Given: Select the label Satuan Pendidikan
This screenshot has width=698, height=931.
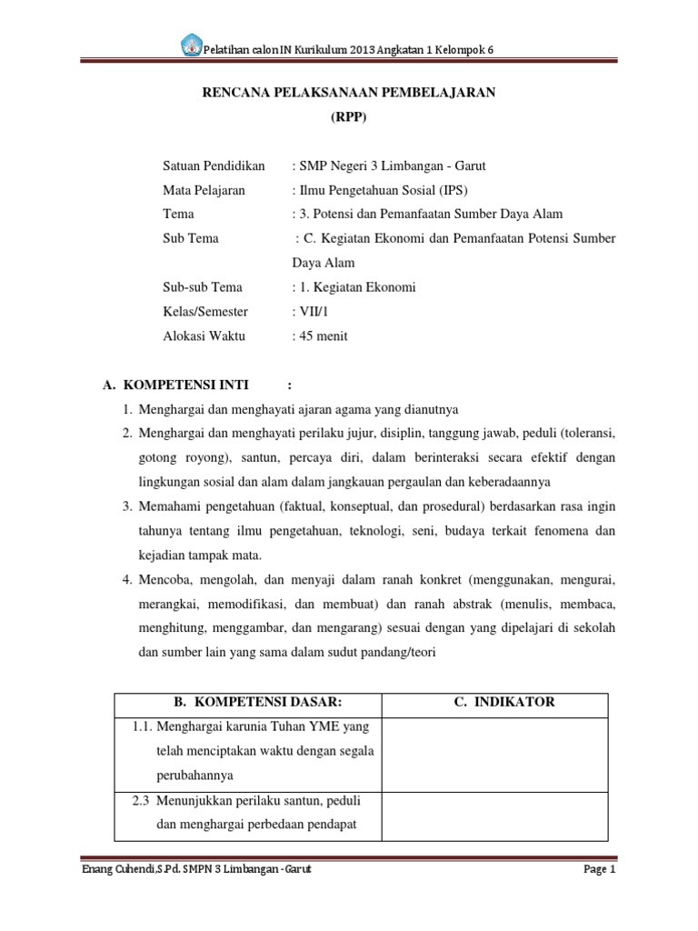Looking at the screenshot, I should click(x=214, y=165).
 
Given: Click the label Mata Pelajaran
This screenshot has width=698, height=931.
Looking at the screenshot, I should click(x=206, y=190).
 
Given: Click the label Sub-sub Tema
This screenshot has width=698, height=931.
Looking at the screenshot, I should click(x=203, y=287).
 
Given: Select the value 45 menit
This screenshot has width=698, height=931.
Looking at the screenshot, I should click(x=323, y=335).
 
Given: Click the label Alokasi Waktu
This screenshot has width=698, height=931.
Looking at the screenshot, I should click(x=205, y=335).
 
